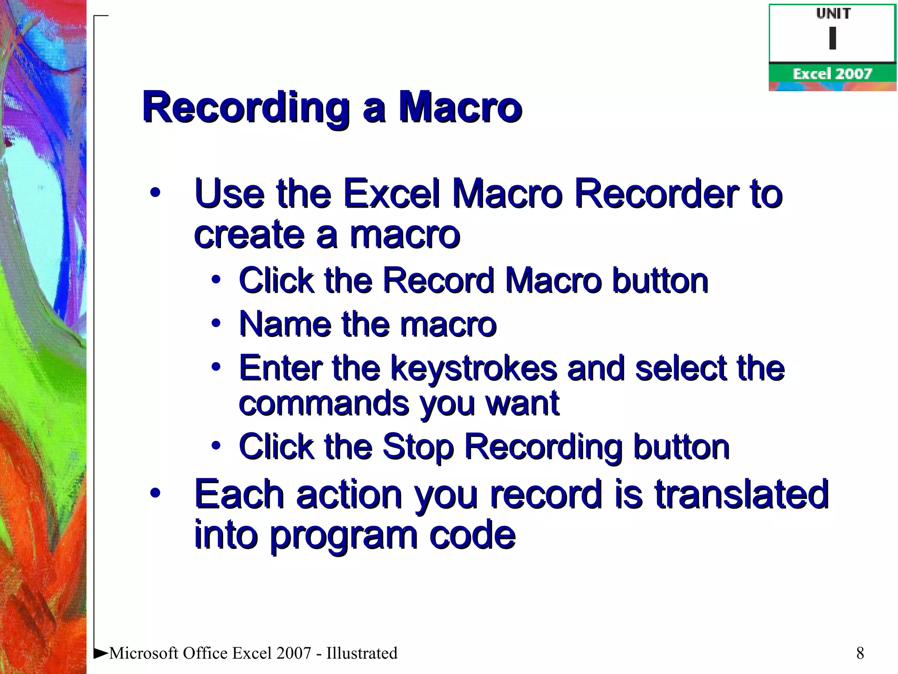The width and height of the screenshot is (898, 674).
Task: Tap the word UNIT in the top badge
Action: [833, 14]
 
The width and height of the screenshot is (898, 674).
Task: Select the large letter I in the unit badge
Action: [833, 38]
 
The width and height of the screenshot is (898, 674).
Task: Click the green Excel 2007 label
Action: [832, 74]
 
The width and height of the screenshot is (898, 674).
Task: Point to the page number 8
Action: [860, 653]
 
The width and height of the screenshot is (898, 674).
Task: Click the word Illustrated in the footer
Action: [362, 653]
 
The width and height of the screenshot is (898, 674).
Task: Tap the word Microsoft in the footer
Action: [144, 653]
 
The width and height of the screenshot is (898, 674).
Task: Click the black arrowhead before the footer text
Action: [101, 653]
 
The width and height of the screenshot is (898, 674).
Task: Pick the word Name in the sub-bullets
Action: [285, 324]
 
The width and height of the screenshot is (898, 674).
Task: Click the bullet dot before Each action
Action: [155, 493]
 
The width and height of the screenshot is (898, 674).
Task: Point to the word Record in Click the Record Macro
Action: [438, 281]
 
